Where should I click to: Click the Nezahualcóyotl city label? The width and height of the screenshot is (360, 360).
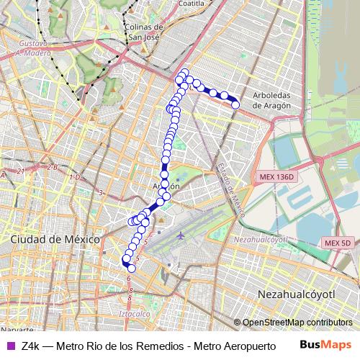pos(296,294)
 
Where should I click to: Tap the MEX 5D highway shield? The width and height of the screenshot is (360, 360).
pos(336,243)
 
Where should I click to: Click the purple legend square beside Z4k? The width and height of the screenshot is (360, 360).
pos(9,346)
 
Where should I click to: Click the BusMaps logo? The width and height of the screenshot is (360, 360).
pos(330,345)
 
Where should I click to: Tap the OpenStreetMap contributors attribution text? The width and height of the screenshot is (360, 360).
pos(297,323)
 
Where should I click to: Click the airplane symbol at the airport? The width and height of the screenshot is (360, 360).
pos(180,235)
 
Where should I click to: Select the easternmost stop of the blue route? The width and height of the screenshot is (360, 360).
pos(235,105)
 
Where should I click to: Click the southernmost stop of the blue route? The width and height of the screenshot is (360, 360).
pos(131,269)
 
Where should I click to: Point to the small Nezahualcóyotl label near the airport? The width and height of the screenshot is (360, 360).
pos(260,238)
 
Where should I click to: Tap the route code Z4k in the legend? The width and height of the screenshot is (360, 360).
pos(31,346)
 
